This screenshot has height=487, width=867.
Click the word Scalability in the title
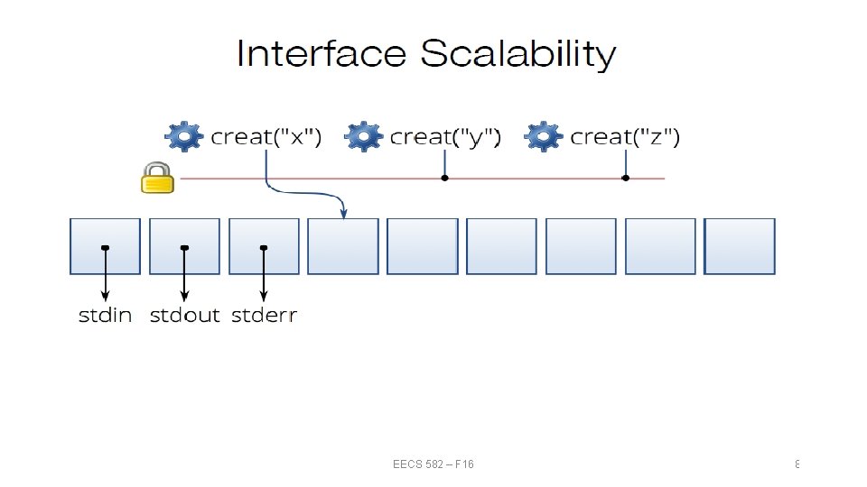tap(517, 56)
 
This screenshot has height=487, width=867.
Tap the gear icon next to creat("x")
tap(183, 137)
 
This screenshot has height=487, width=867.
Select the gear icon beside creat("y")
tap(363, 137)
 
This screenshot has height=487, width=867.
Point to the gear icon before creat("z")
tap(544, 137)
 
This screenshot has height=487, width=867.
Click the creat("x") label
tap(266, 137)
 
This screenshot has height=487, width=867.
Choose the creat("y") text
tap(445, 137)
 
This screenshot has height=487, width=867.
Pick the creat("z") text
tap(626, 137)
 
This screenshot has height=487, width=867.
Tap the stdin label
tap(106, 316)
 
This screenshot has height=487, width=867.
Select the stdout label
tap(184, 316)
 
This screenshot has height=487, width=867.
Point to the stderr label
tap(264, 316)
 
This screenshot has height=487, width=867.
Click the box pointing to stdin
tap(106, 246)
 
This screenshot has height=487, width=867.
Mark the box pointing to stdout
tap(184, 246)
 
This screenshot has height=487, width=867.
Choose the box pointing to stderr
tap(264, 246)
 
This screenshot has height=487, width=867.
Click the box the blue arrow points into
tap(343, 246)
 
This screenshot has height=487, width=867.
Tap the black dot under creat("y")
tap(444, 179)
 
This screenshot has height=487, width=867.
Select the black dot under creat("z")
tap(626, 179)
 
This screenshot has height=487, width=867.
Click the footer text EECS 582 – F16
tap(433, 464)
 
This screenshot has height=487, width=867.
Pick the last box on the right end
tap(740, 246)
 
